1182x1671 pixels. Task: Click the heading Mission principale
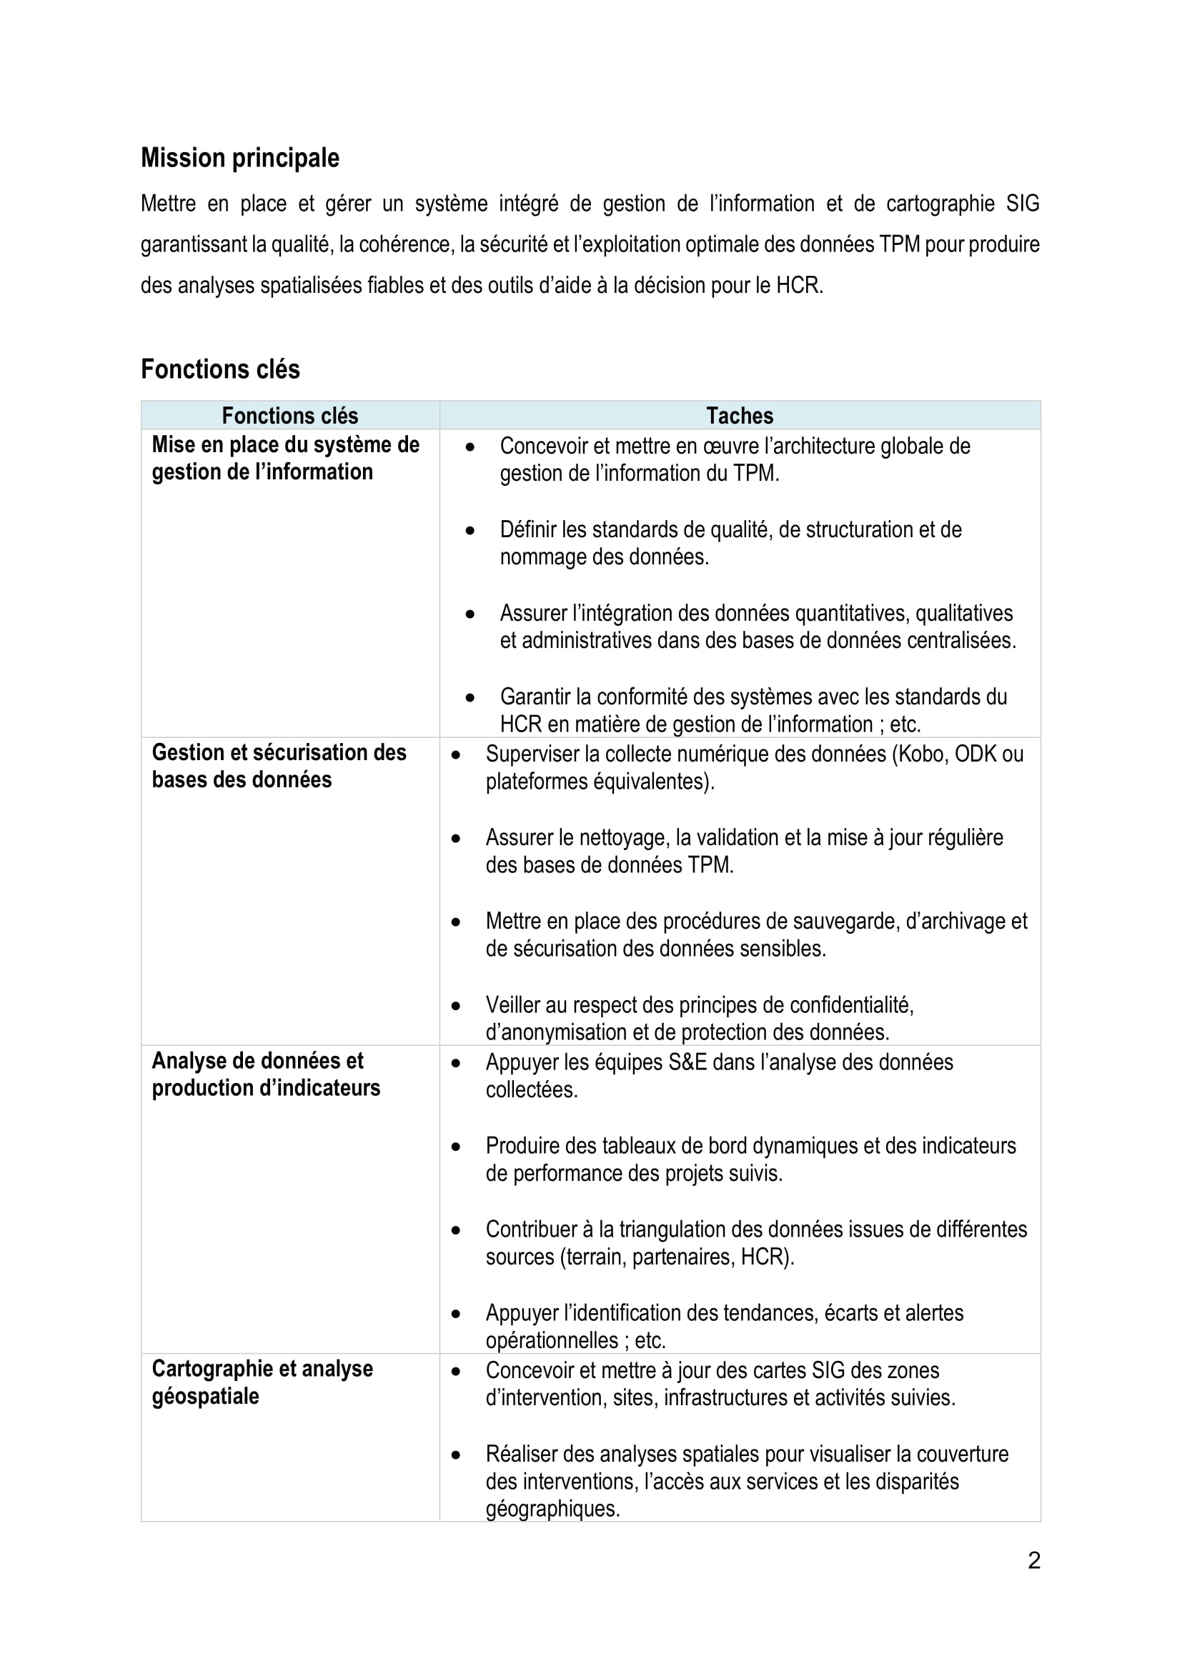pos(239,158)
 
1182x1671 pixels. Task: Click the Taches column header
pos(740,416)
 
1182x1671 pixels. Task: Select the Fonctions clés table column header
pos(289,416)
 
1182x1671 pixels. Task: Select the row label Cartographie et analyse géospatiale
pos(262,1382)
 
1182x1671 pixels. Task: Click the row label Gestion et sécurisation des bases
pos(279,766)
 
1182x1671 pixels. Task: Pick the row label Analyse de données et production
pos(266,1074)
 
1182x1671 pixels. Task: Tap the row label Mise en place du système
pos(285,458)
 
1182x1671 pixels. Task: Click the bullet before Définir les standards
pos(470,531)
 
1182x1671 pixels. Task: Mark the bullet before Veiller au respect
pos(457,1007)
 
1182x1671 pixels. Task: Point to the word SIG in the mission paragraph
pos(1022,204)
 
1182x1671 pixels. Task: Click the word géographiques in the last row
pos(552,1509)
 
